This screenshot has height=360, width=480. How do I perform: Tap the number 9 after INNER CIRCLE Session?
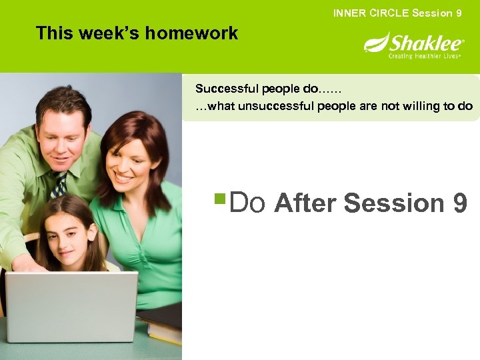click(x=459, y=13)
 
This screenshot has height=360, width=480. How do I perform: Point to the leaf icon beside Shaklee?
click(x=376, y=43)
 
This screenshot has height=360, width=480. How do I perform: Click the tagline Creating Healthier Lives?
click(x=425, y=57)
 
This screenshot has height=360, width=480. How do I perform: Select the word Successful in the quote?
click(x=223, y=89)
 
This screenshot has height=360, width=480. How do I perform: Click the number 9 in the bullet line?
click(x=459, y=203)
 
